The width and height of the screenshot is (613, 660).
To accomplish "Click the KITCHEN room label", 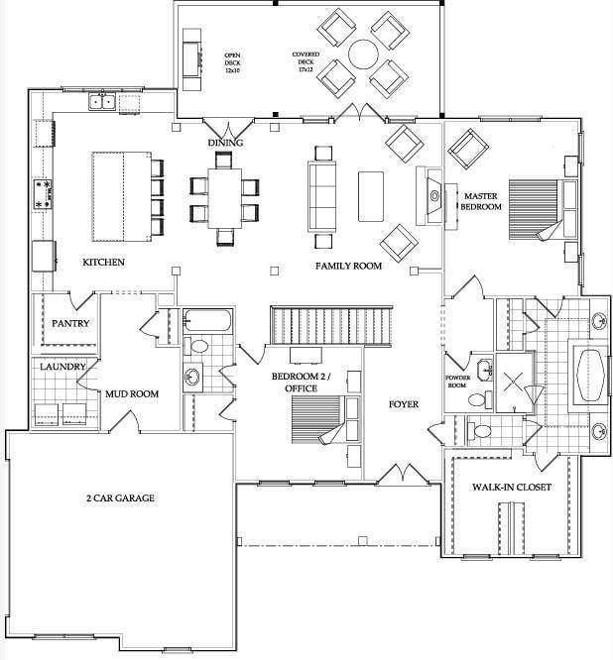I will coord(103,263).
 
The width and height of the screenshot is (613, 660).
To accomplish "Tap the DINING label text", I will coord(225,143).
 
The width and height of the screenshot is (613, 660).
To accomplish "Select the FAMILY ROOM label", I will coord(348,267).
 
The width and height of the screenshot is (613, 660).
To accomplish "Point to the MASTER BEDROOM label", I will coord(480,202).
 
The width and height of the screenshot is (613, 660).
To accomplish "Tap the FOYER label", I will coord(403,404).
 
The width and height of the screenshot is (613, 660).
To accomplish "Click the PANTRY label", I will coord(70,324).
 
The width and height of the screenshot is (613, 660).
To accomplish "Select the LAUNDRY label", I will coord(62,367).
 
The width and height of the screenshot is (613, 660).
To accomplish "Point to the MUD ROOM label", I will coord(132,394).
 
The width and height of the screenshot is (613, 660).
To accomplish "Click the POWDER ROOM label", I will coord(457,382).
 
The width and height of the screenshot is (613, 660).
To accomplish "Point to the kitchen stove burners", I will coord(44,193).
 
